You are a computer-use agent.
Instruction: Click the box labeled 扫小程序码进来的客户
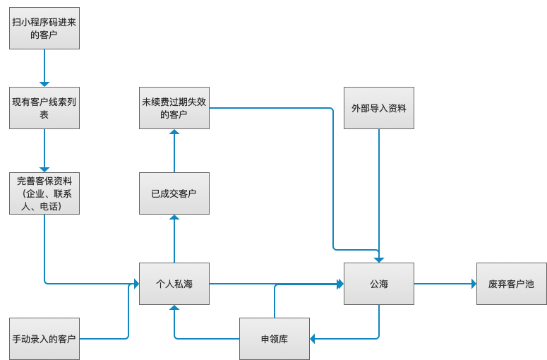(x=44, y=28)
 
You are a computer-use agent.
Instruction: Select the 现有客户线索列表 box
(x=44, y=108)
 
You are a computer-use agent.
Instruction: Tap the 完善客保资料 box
(x=44, y=193)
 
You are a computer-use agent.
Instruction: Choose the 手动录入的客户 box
(x=44, y=339)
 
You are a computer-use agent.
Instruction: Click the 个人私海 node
(x=174, y=284)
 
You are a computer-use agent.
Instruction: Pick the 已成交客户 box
(x=174, y=193)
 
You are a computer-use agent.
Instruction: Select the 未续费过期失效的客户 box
(x=174, y=108)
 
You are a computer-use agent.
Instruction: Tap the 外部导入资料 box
(x=379, y=108)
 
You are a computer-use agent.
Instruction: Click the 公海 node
(x=379, y=284)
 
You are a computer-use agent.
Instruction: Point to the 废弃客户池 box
(x=512, y=284)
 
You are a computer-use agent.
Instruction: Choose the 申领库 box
(x=275, y=339)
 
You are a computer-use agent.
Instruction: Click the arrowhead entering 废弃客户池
(x=474, y=284)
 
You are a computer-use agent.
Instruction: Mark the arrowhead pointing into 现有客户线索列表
(x=44, y=84)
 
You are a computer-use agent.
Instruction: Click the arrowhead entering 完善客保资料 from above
(x=44, y=169)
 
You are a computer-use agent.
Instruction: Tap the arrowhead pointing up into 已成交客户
(x=174, y=217)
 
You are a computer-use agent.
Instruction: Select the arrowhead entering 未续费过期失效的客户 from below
(x=174, y=132)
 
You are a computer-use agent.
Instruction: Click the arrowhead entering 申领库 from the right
(x=313, y=339)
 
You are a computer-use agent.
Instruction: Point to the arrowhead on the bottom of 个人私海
(x=174, y=308)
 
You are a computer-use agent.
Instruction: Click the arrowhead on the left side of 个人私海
(x=136, y=284)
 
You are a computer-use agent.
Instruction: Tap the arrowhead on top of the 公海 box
(x=379, y=260)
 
